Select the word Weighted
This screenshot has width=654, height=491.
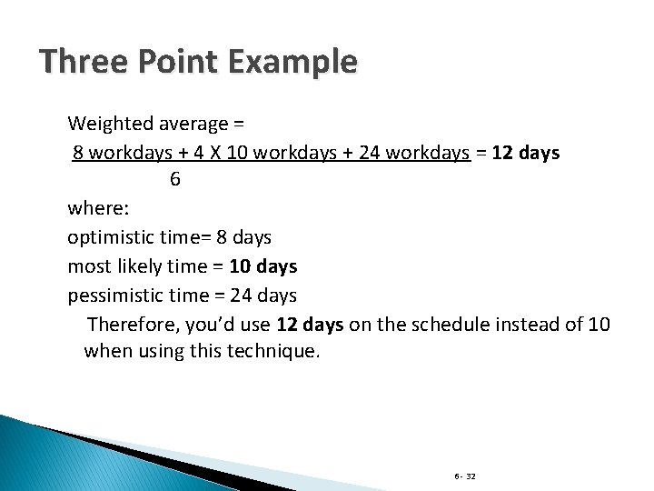[x=109, y=122]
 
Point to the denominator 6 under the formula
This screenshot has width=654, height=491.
[x=174, y=179]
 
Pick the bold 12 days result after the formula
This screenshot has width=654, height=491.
[x=526, y=152]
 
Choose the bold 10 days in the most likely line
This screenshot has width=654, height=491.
[x=263, y=266]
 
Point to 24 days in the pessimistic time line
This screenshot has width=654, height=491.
[x=265, y=296]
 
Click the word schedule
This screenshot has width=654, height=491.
[x=450, y=325]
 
